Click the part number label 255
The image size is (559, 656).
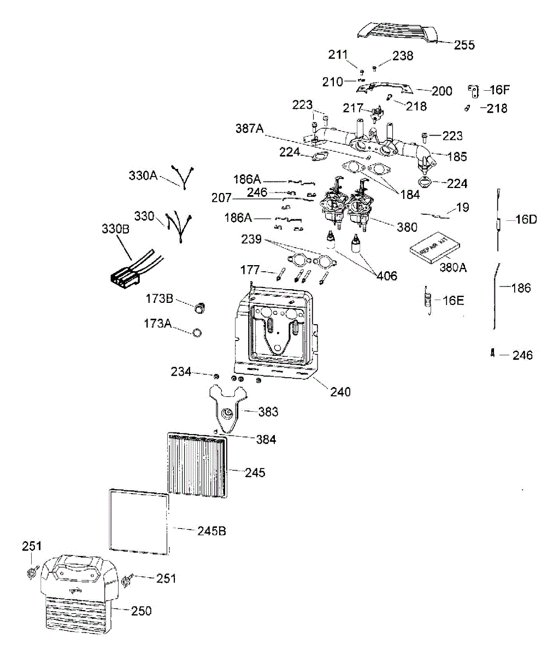pyautogui.click(x=464, y=45)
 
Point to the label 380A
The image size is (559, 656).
pyautogui.click(x=454, y=268)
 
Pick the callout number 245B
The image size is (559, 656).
pyautogui.click(x=211, y=531)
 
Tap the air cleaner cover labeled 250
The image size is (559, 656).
pyautogui.click(x=79, y=596)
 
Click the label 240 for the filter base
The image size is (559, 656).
pyautogui.click(x=340, y=392)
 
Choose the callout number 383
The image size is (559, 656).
pyautogui.click(x=268, y=412)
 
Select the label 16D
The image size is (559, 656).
pyautogui.click(x=526, y=220)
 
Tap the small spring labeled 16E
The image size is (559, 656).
pyautogui.click(x=429, y=300)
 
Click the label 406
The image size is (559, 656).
pyautogui.click(x=386, y=275)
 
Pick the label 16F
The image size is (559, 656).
pyautogui.click(x=498, y=90)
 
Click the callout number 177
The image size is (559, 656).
pyautogui.click(x=250, y=270)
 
